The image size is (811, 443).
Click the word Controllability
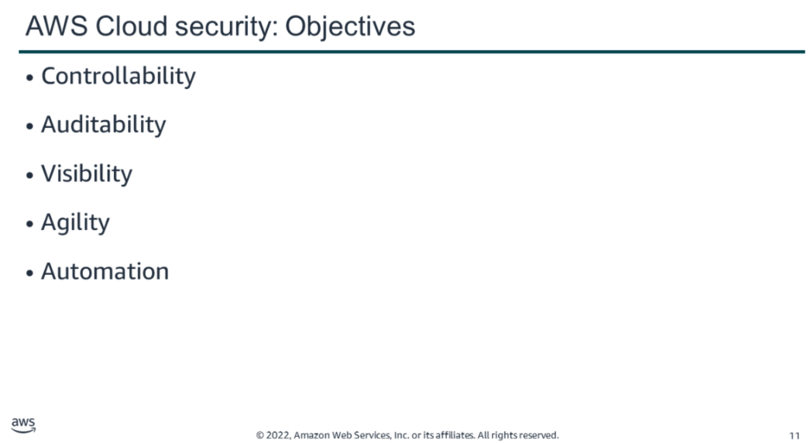(119, 77)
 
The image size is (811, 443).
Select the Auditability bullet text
(104, 125)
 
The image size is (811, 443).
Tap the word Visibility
(87, 173)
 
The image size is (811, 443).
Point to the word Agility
(75, 223)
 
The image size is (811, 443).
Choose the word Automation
(105, 271)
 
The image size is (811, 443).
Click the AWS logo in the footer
(23, 425)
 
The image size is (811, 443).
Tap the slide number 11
(795, 436)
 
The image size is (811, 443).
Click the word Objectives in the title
(350, 27)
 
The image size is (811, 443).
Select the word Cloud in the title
(132, 26)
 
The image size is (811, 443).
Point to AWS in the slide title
(57, 26)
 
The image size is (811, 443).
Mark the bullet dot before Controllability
(29, 78)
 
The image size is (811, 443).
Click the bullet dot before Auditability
(29, 127)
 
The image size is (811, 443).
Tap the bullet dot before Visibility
(29, 175)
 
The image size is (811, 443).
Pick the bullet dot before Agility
(29, 225)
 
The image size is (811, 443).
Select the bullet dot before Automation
(29, 273)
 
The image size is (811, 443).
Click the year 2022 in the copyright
(278, 435)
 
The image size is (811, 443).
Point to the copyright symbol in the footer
(259, 435)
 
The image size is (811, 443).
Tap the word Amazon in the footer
(311, 435)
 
